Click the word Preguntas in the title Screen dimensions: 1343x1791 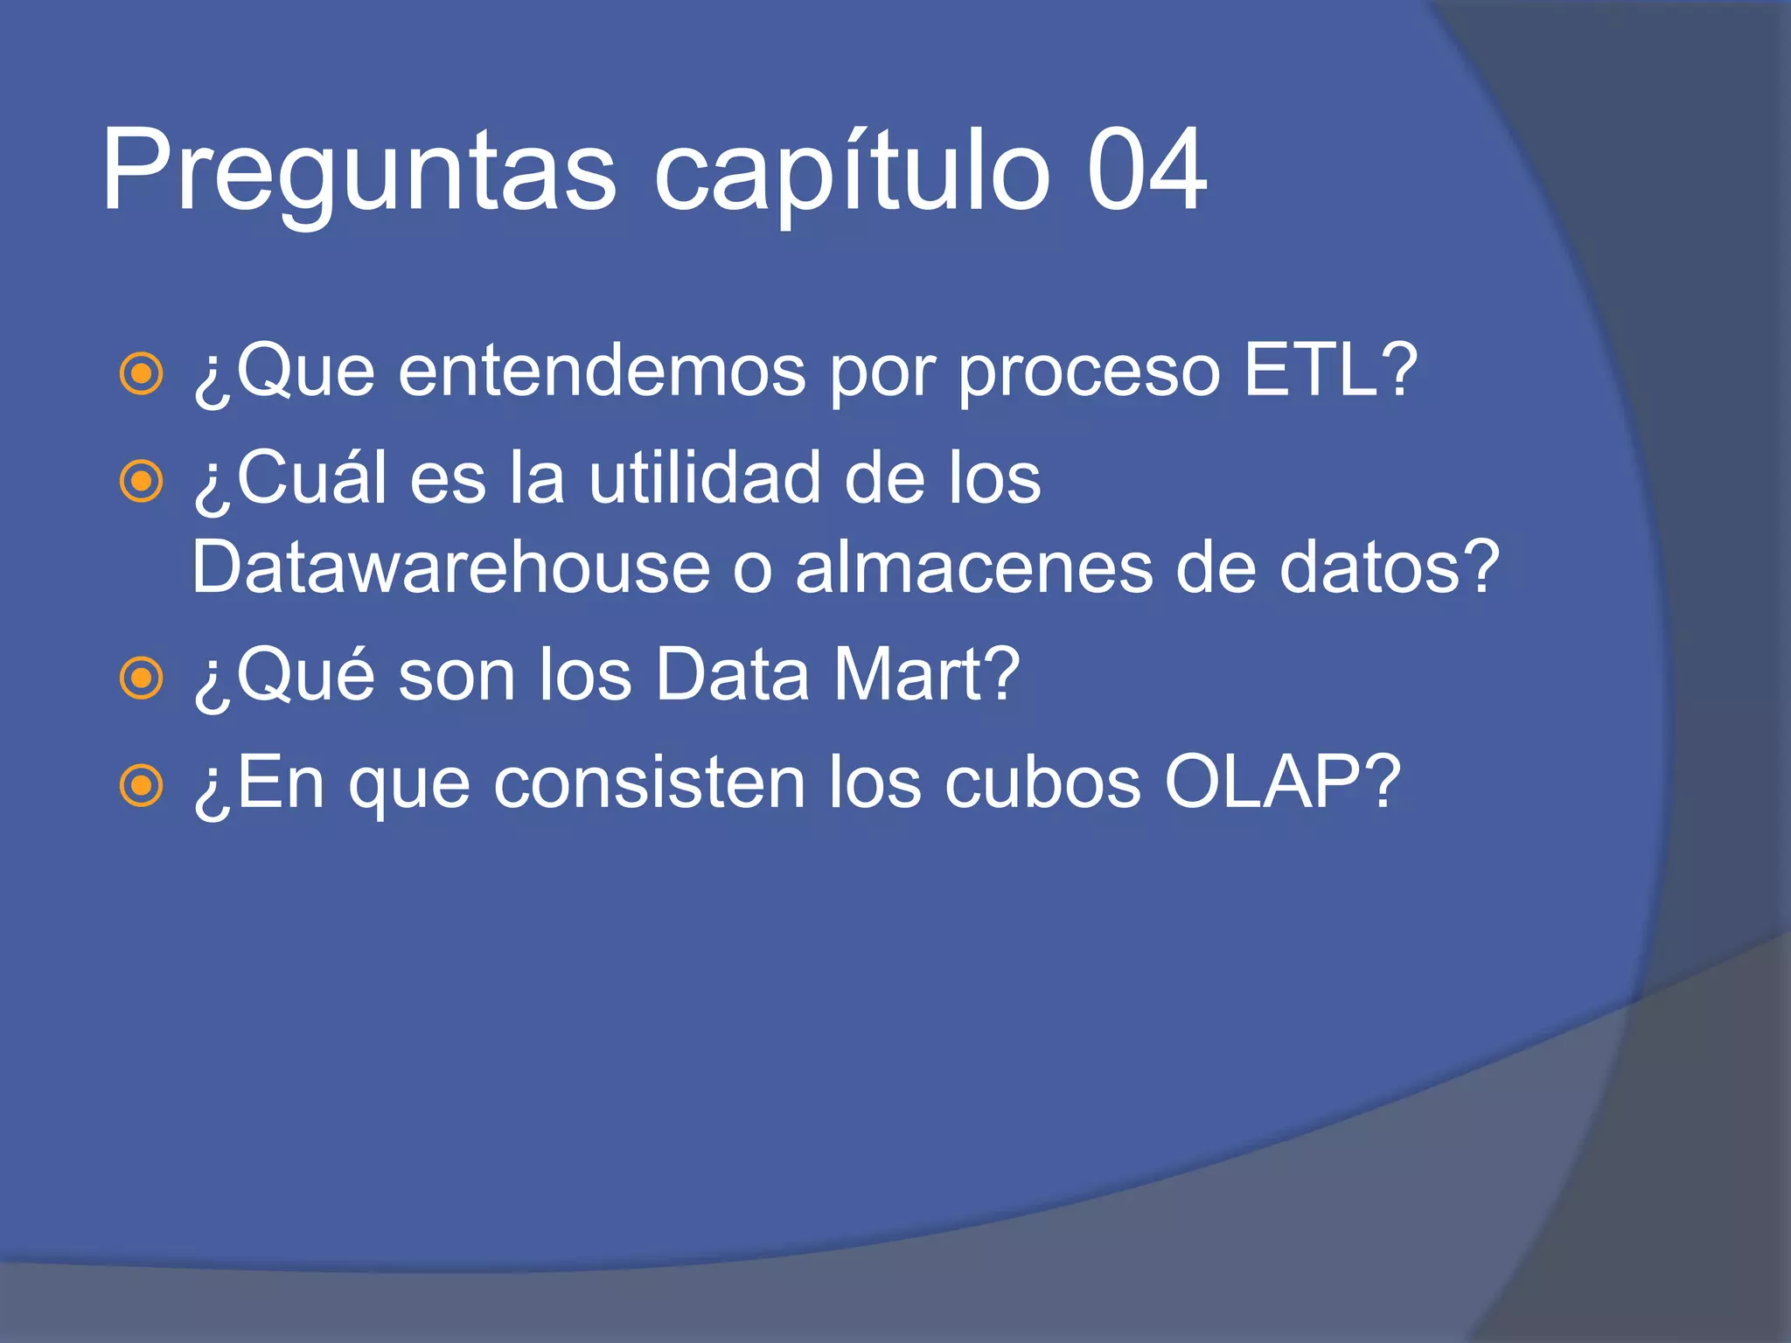coord(359,170)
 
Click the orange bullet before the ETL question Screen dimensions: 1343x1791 coord(141,374)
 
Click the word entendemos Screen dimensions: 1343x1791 coord(602,371)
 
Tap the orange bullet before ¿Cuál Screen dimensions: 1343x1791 coord(141,481)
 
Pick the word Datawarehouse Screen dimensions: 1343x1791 coord(450,568)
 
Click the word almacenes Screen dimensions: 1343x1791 coord(973,568)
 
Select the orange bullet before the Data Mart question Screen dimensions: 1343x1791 coord(141,678)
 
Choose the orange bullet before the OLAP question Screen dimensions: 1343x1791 coord(141,785)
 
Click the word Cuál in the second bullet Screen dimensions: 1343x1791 coord(311,478)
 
